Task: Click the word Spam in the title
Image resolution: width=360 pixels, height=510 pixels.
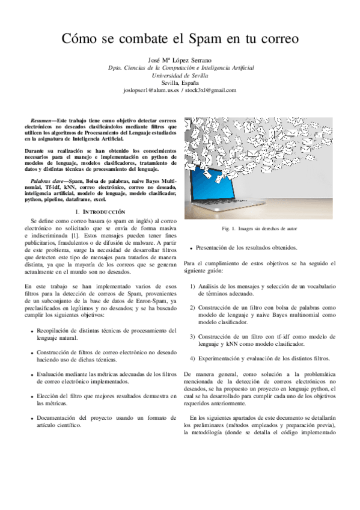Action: [205, 40]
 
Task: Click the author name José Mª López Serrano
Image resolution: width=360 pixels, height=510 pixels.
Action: [180, 61]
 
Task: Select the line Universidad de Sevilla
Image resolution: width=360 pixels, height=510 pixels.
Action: [180, 76]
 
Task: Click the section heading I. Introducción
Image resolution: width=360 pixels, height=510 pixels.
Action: [100, 212]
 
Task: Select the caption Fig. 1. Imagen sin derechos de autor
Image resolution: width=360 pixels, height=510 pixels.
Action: [259, 229]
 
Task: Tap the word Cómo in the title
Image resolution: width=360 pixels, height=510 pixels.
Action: [81, 40]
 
